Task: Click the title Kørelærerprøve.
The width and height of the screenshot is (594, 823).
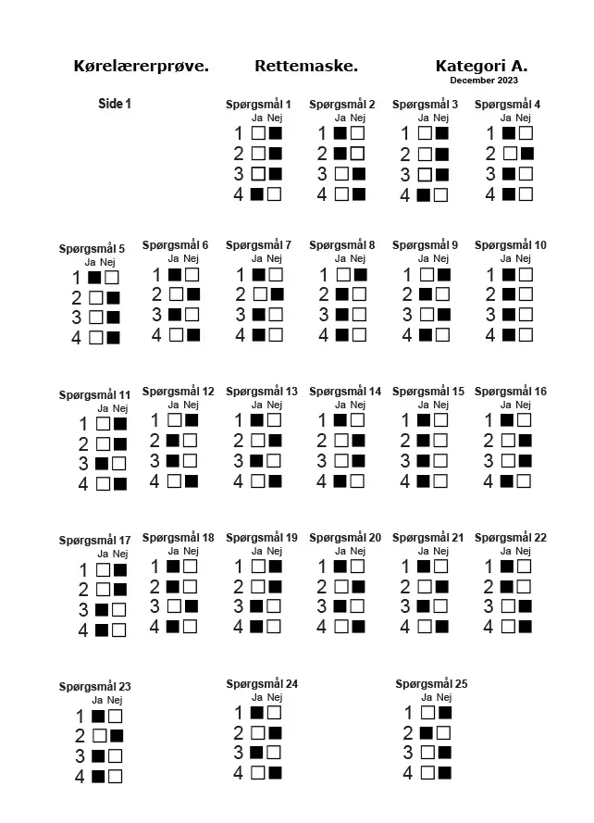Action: pyautogui.click(x=141, y=67)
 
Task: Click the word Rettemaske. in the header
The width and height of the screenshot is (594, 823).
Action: pyautogui.click(x=306, y=67)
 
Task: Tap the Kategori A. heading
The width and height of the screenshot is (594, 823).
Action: pyautogui.click(x=481, y=67)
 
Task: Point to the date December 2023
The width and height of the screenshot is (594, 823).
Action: pyautogui.click(x=484, y=81)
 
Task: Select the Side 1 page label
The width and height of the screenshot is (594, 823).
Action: pyautogui.click(x=115, y=104)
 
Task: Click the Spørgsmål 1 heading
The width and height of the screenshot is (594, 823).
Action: pyautogui.click(x=259, y=105)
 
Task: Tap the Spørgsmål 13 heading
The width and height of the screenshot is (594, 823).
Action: pyautogui.click(x=262, y=392)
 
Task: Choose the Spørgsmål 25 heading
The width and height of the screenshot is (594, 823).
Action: pyautogui.click(x=431, y=684)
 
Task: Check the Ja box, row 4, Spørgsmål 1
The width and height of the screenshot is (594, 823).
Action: pyautogui.click(x=258, y=194)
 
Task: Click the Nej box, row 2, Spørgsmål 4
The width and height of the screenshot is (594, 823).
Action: pyautogui.click(x=526, y=154)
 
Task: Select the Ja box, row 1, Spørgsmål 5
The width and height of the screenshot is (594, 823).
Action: pyautogui.click(x=94, y=277)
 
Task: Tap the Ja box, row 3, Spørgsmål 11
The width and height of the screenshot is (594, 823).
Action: pyautogui.click(x=102, y=463)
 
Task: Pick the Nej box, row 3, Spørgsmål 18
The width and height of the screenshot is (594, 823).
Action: pyautogui.click(x=192, y=606)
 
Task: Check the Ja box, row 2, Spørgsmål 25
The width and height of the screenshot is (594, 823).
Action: pyautogui.click(x=427, y=733)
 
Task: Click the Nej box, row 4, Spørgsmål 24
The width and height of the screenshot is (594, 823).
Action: pyautogui.click(x=275, y=772)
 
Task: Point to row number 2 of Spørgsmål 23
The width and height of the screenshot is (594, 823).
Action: pyautogui.click(x=80, y=737)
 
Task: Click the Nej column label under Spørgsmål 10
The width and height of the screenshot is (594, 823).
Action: pyautogui.click(x=524, y=258)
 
